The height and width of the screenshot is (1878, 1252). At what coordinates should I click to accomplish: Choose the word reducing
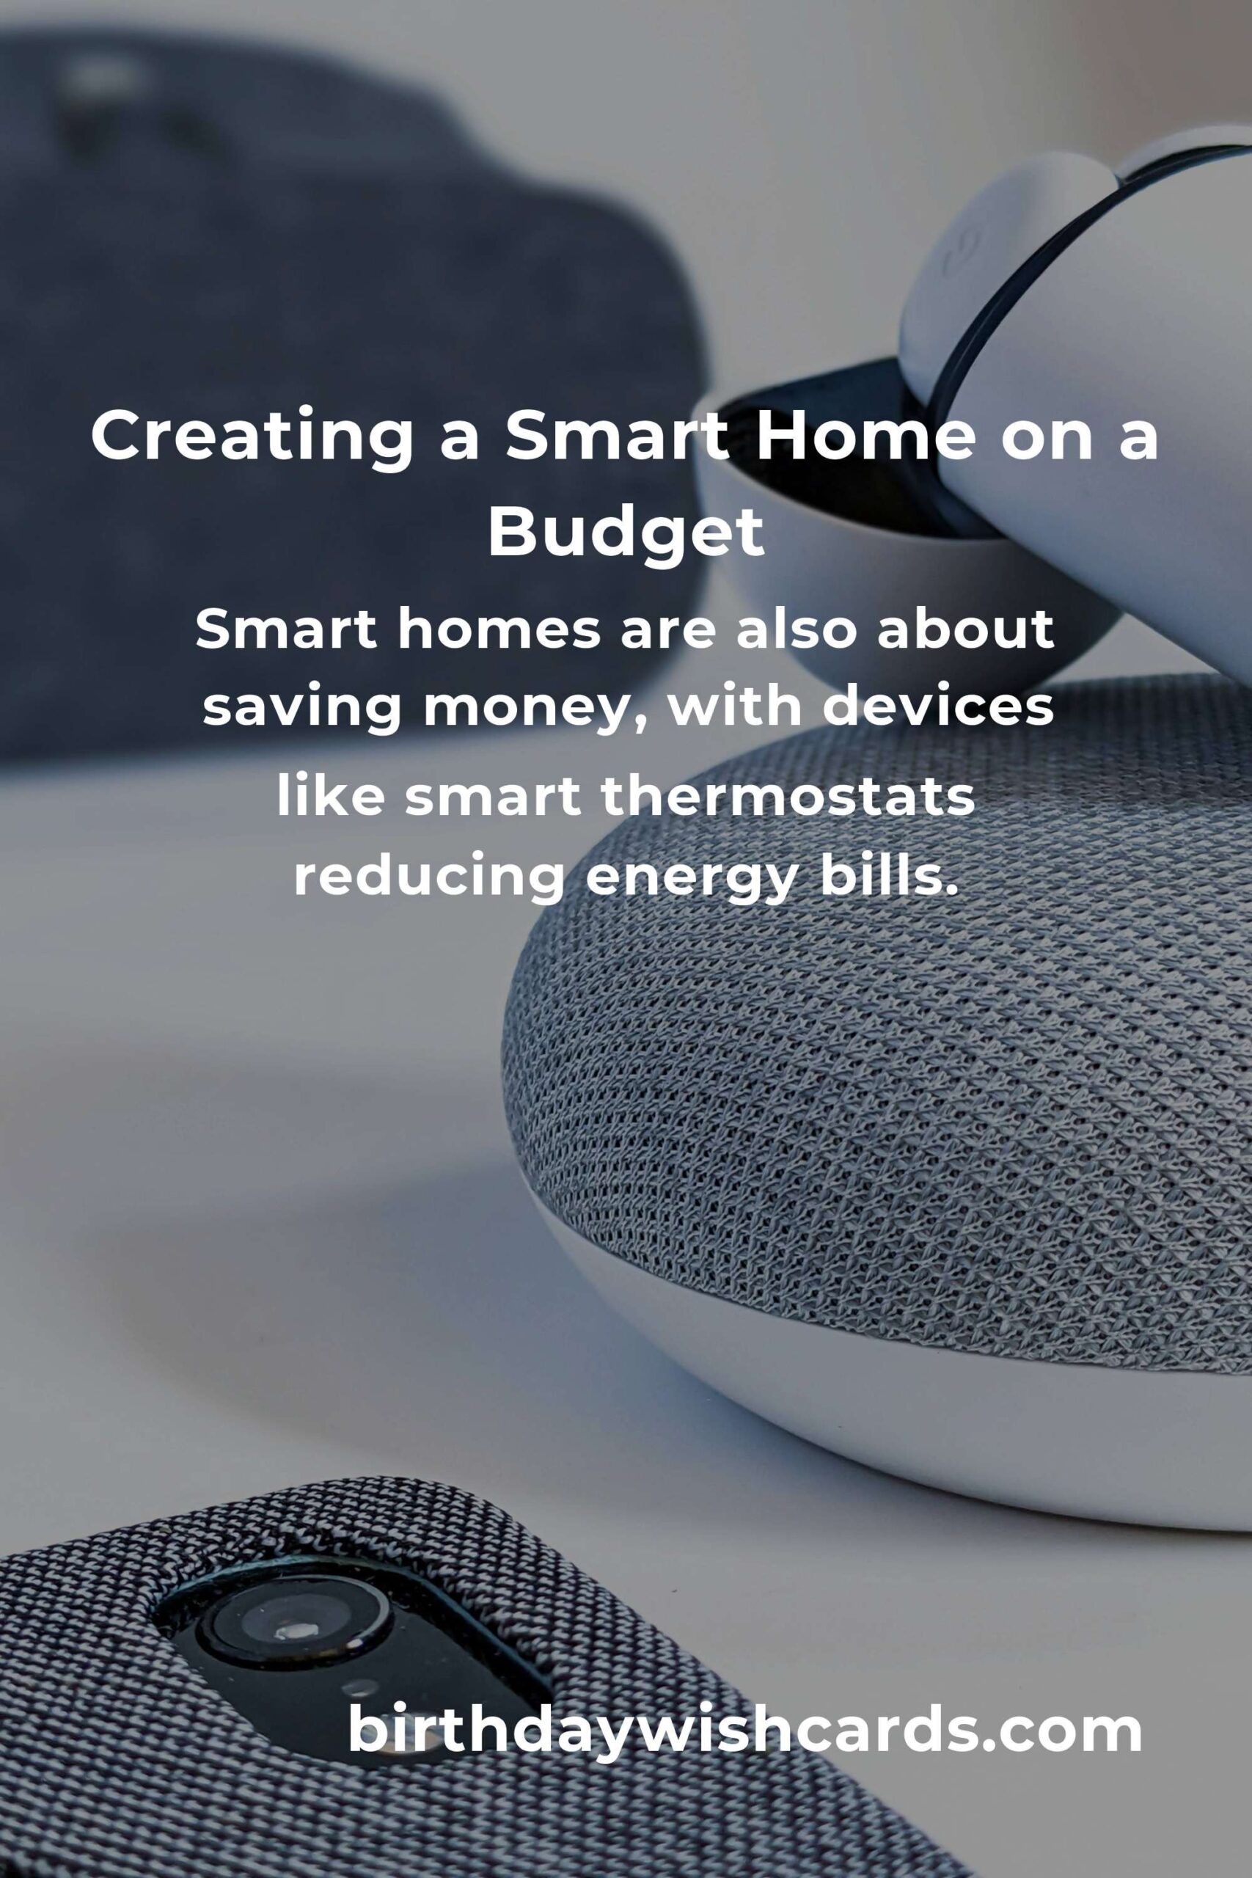(x=430, y=877)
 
